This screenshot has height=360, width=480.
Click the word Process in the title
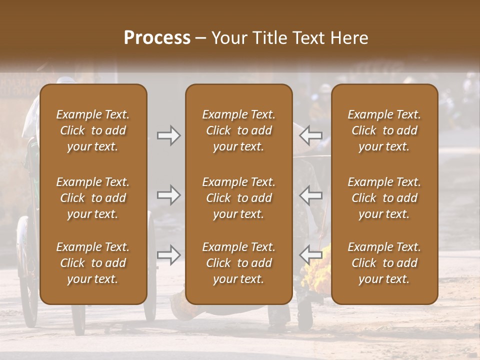(157, 37)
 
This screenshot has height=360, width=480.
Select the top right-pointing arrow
(168, 135)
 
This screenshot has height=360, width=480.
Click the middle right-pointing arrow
(168, 195)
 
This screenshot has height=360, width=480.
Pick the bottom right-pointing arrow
(168, 255)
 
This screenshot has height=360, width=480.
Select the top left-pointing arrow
(311, 135)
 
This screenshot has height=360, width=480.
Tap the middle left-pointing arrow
(311, 195)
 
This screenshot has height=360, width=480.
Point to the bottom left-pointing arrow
(311, 255)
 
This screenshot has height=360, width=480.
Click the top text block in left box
(93, 130)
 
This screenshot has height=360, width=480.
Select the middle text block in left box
(93, 198)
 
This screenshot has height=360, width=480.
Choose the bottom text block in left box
(93, 263)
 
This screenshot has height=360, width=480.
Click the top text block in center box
(238, 130)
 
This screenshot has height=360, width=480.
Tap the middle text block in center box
(238, 198)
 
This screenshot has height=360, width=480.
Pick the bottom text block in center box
(238, 263)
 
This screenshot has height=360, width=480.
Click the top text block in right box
(384, 130)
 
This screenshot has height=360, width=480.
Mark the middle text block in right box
(384, 198)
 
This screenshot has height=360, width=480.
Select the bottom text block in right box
(384, 263)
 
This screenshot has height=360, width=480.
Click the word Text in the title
(307, 38)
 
